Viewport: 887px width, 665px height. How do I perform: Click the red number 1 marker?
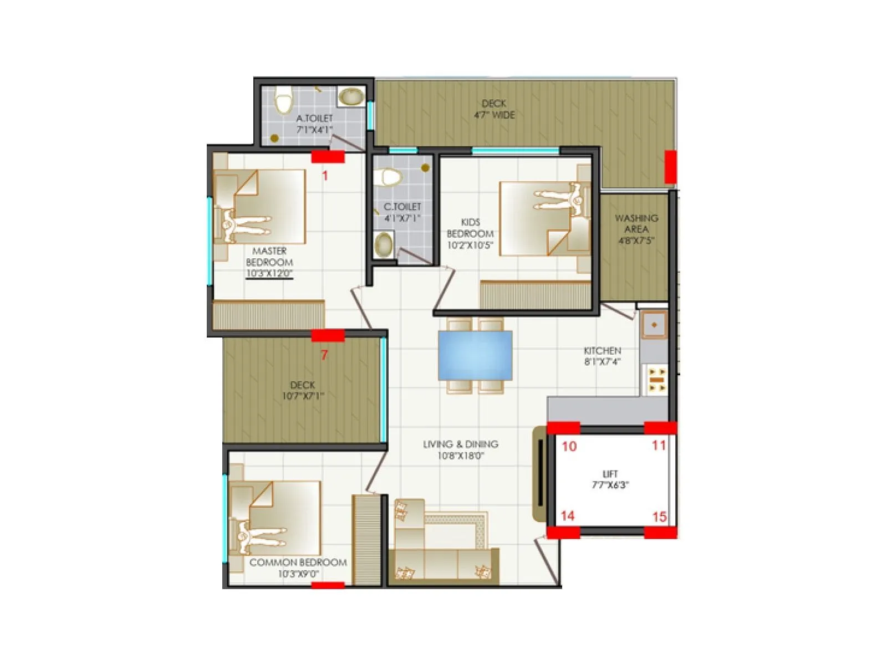click(325, 176)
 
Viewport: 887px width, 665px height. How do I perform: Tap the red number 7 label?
click(324, 355)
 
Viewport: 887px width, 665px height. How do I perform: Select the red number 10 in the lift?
click(569, 447)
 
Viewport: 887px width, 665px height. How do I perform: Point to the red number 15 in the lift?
click(659, 517)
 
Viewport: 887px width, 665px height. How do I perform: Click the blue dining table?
click(475, 355)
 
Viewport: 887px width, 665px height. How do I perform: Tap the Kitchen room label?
click(602, 356)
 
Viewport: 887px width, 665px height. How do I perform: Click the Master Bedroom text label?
click(269, 257)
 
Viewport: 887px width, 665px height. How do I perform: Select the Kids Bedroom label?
click(470, 233)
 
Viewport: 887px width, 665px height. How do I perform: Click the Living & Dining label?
click(460, 449)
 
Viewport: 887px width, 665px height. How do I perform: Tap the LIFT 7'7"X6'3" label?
click(610, 479)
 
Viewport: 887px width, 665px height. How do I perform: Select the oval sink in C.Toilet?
click(384, 244)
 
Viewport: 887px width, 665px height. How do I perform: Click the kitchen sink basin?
click(654, 325)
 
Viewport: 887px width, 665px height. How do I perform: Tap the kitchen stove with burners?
click(657, 380)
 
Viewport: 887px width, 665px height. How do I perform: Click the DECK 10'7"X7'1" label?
click(303, 390)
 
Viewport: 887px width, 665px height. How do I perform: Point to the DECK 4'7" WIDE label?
click(493, 109)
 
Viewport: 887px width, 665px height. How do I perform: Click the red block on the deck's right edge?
click(670, 166)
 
